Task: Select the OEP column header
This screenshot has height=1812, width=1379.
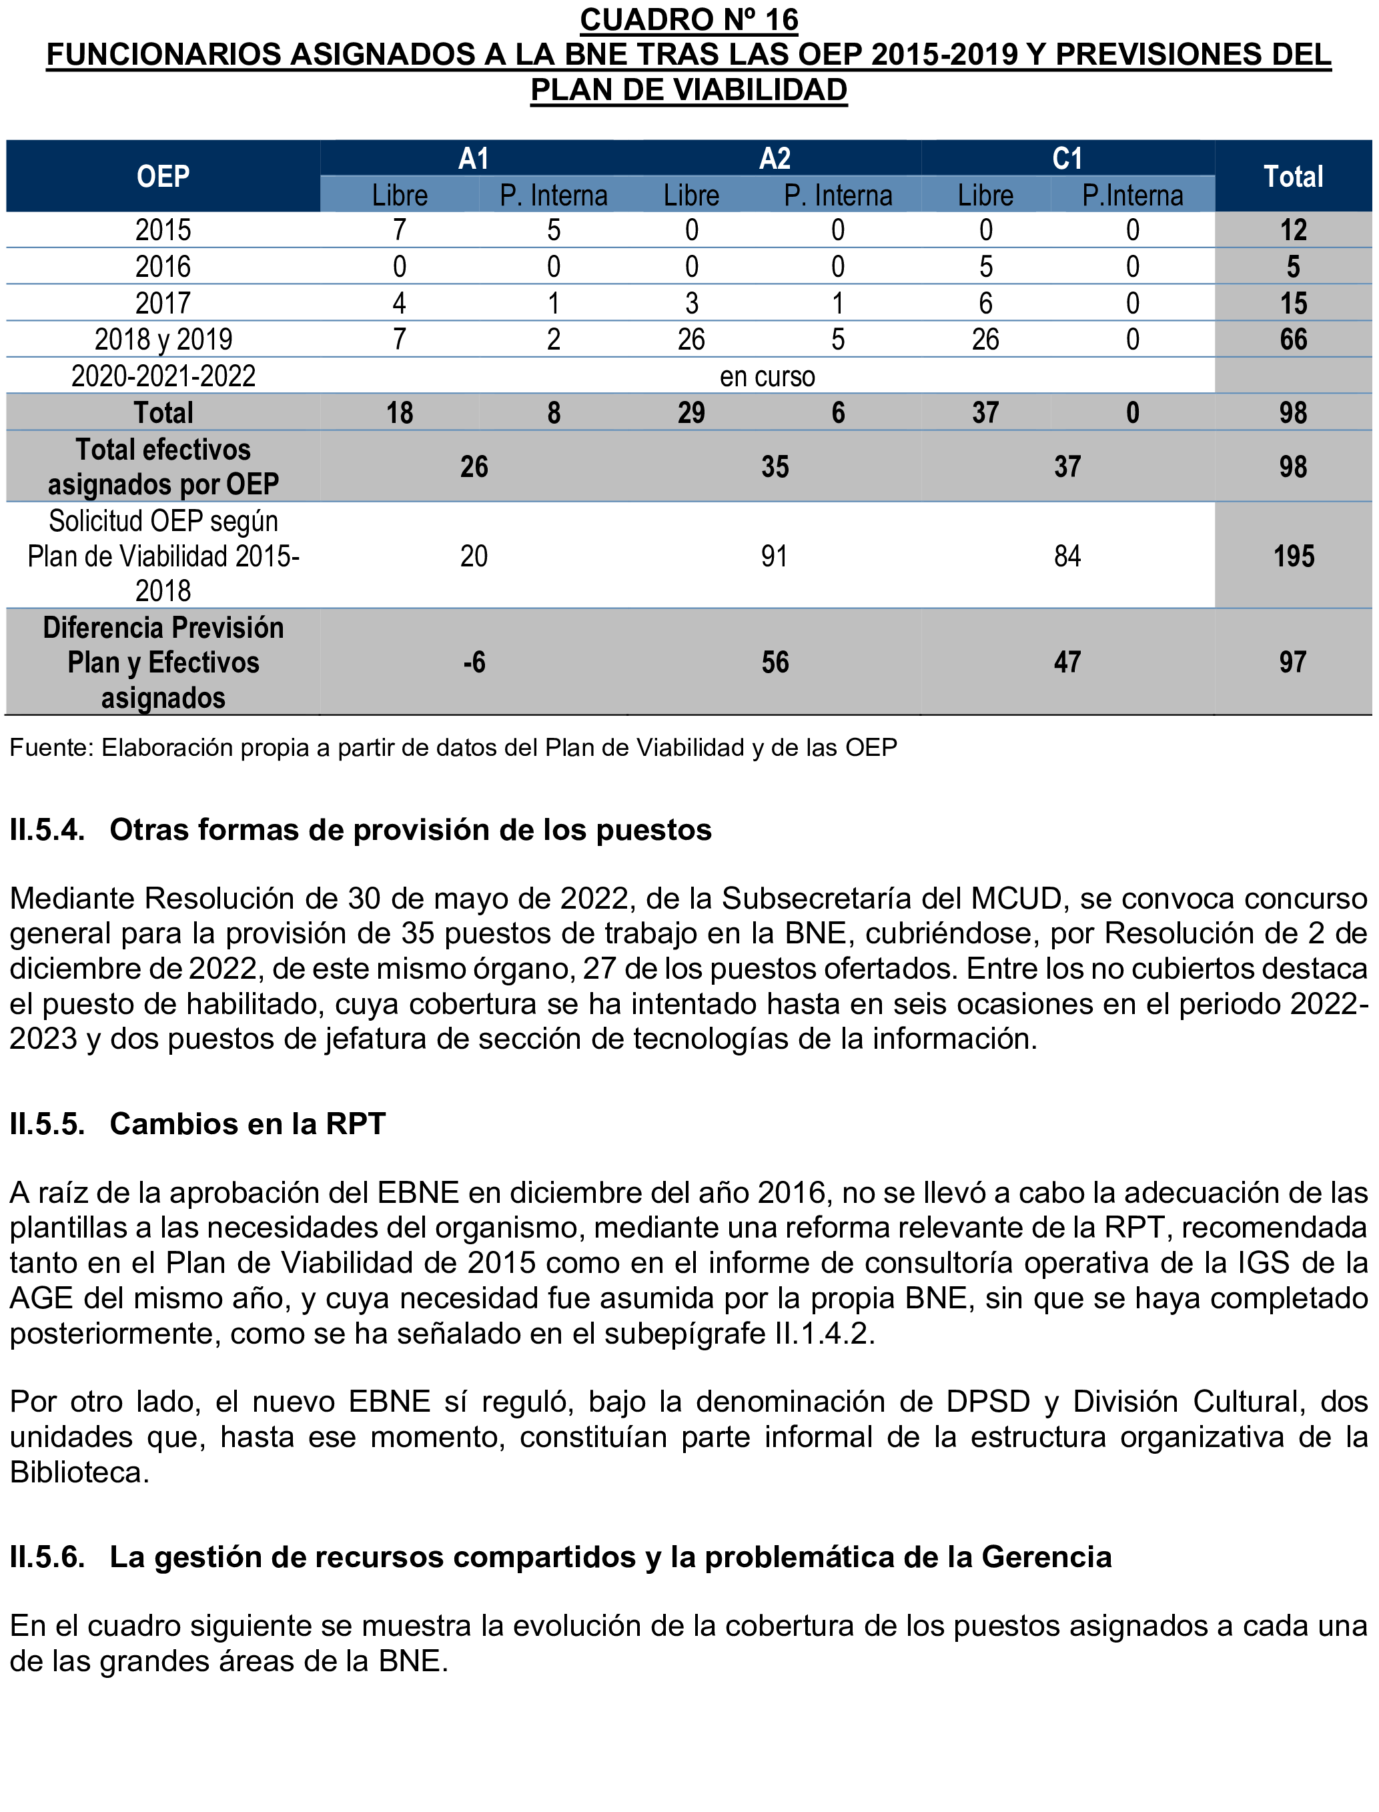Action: tap(163, 176)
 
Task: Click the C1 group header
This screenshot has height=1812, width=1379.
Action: tap(1067, 157)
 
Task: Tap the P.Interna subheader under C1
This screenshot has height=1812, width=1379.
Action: tap(1132, 196)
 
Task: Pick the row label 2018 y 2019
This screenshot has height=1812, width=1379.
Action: tap(163, 339)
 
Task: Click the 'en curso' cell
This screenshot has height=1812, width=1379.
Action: tap(767, 376)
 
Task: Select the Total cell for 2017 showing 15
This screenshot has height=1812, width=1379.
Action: tap(1293, 303)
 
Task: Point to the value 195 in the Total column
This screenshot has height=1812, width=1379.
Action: tap(1293, 556)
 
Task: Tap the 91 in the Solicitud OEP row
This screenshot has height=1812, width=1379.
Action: tap(774, 556)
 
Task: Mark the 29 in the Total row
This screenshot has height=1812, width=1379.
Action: tap(691, 412)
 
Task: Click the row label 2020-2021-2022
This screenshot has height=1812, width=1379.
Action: tap(163, 376)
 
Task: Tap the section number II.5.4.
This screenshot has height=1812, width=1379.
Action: tap(47, 831)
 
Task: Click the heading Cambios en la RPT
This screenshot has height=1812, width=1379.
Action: tap(247, 1123)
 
